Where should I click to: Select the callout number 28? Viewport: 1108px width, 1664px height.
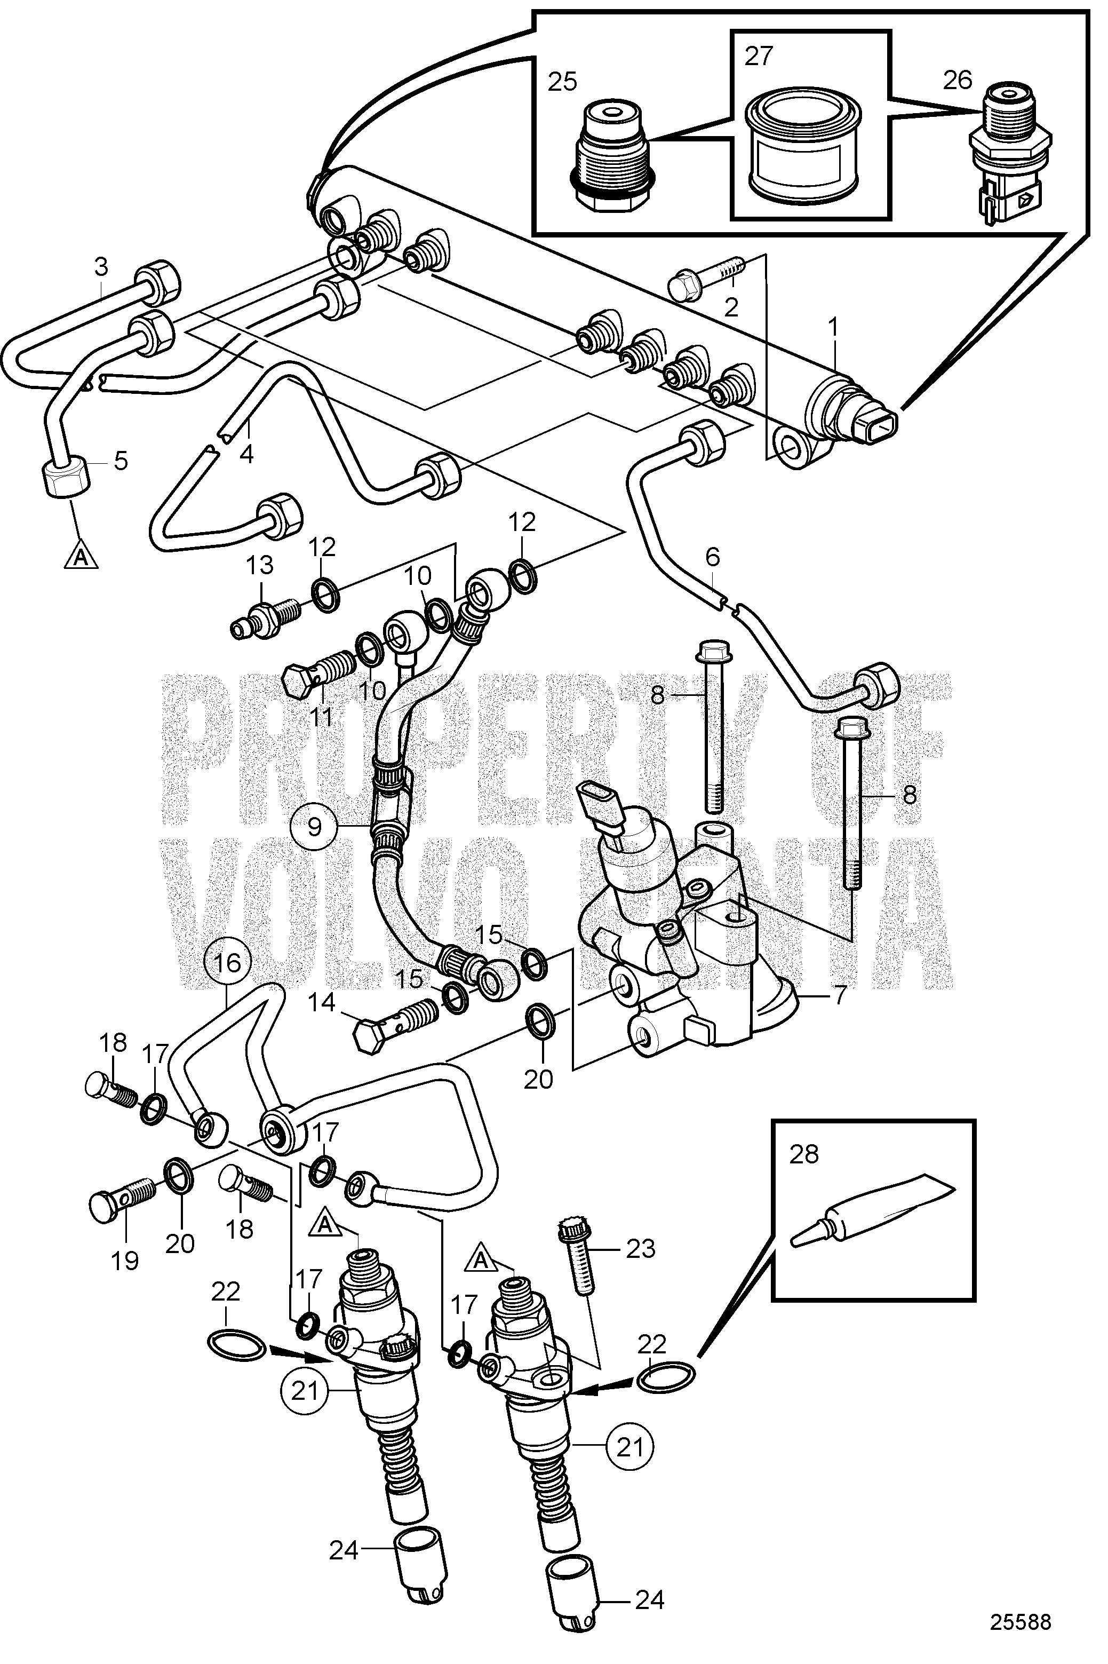coord(804,1155)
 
